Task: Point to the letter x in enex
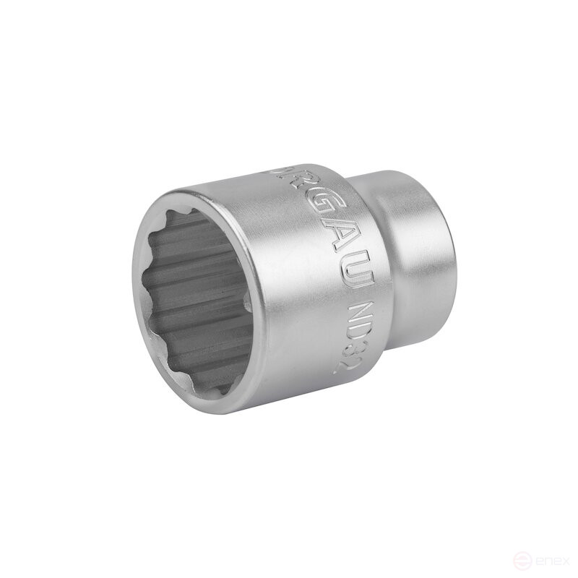[x=561, y=560]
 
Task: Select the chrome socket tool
[x=289, y=289]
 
